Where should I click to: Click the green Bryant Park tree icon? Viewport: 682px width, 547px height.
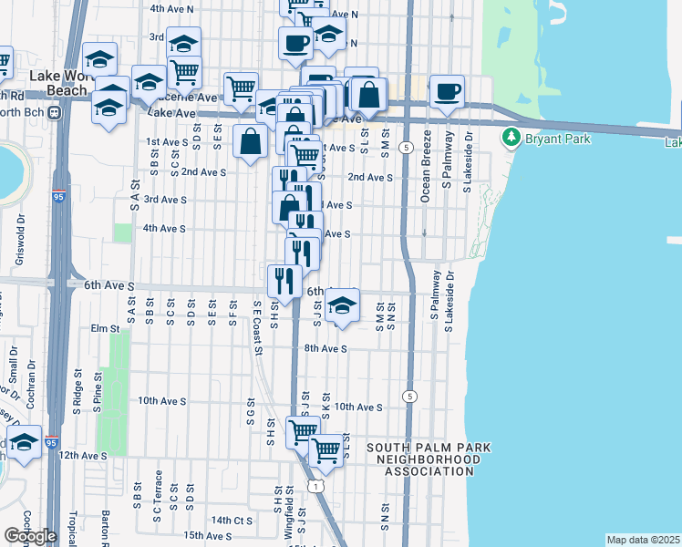coord(511,138)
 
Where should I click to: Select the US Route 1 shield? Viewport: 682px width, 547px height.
coord(315,488)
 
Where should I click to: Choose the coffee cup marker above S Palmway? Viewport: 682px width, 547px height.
coord(447,91)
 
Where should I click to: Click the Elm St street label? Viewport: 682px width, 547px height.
coord(106,328)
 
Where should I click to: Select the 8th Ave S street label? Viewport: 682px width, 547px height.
coord(326,348)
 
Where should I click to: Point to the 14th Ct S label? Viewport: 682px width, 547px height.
coord(231,520)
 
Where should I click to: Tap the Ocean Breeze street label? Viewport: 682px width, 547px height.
coord(425,176)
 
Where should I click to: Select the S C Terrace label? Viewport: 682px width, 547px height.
coord(158,491)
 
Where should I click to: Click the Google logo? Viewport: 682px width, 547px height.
coord(29,536)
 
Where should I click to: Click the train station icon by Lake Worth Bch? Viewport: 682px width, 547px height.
coord(55,112)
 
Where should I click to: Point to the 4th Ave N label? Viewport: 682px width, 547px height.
coord(172,8)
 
